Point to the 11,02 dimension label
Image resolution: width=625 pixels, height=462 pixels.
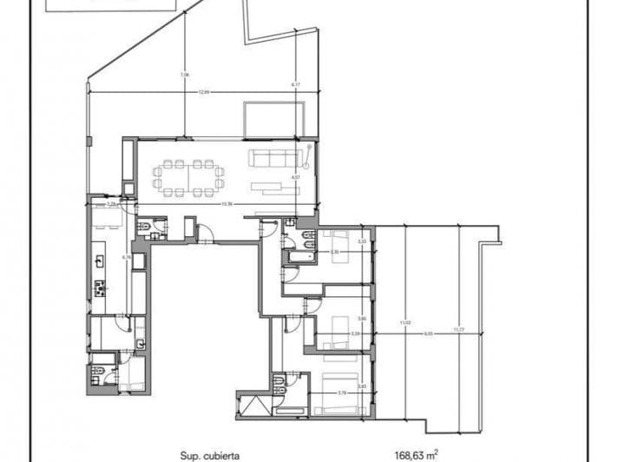[404, 323]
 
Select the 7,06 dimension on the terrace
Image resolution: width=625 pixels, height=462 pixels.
[183, 76]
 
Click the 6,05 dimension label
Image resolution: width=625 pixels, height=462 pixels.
[428, 333]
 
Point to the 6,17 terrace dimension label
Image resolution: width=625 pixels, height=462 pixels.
[296, 84]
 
